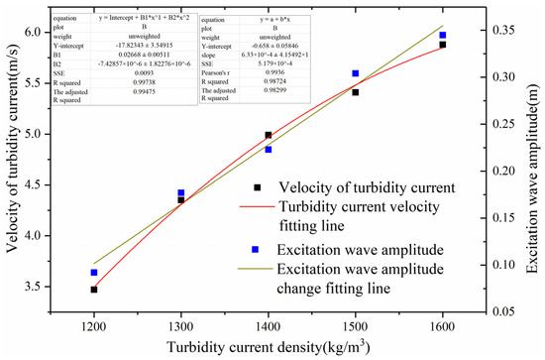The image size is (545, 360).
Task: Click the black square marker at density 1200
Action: tap(94, 290)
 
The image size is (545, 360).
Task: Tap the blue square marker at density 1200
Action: tap(94, 273)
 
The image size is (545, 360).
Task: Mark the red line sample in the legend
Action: tap(256, 207)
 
